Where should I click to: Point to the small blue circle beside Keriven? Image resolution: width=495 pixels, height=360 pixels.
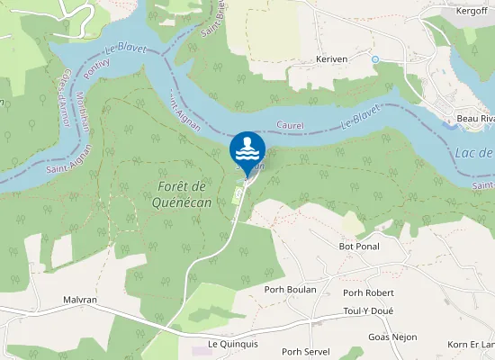374,58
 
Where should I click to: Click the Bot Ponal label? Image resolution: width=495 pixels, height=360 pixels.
359,246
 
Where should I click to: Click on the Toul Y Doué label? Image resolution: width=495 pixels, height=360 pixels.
369,311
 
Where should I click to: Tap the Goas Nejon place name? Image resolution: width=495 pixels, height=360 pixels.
392,337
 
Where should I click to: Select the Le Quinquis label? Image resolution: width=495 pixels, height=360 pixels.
232,343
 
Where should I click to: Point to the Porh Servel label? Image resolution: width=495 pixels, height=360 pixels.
305,352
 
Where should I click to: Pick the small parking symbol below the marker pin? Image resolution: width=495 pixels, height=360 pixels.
238,191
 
